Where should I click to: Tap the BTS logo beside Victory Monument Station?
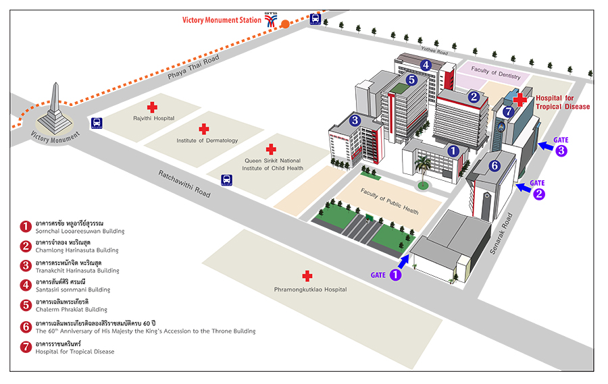272,20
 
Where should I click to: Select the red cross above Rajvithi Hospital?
152,107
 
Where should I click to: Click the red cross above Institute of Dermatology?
203,128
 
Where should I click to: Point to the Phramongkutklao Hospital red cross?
307,276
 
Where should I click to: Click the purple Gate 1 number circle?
396,275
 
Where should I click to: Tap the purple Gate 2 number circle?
539,194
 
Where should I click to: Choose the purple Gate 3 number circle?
561,151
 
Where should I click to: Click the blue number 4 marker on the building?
426,65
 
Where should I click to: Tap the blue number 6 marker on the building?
495,165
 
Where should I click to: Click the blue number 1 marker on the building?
453,151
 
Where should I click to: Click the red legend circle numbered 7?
26,348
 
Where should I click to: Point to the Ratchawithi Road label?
184,183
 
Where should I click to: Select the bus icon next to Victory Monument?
97,123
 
